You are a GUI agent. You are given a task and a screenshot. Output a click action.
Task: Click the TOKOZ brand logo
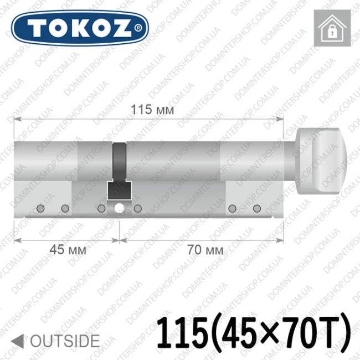(x=80, y=28)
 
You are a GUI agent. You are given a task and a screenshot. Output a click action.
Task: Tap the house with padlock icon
(x=332, y=28)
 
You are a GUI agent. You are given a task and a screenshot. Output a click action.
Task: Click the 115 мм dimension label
(x=152, y=110)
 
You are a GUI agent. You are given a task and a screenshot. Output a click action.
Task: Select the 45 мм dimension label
(x=68, y=249)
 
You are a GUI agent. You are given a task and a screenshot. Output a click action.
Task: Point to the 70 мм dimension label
(x=205, y=249)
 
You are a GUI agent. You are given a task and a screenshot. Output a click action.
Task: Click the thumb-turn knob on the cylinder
(x=321, y=162)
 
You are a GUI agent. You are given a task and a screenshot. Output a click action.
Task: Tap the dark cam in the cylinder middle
(x=120, y=171)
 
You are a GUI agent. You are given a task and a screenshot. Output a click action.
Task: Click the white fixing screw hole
(x=120, y=208)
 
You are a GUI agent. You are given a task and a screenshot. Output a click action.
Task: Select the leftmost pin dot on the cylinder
(x=40, y=208)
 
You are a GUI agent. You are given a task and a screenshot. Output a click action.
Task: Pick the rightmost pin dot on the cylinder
(x=257, y=208)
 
